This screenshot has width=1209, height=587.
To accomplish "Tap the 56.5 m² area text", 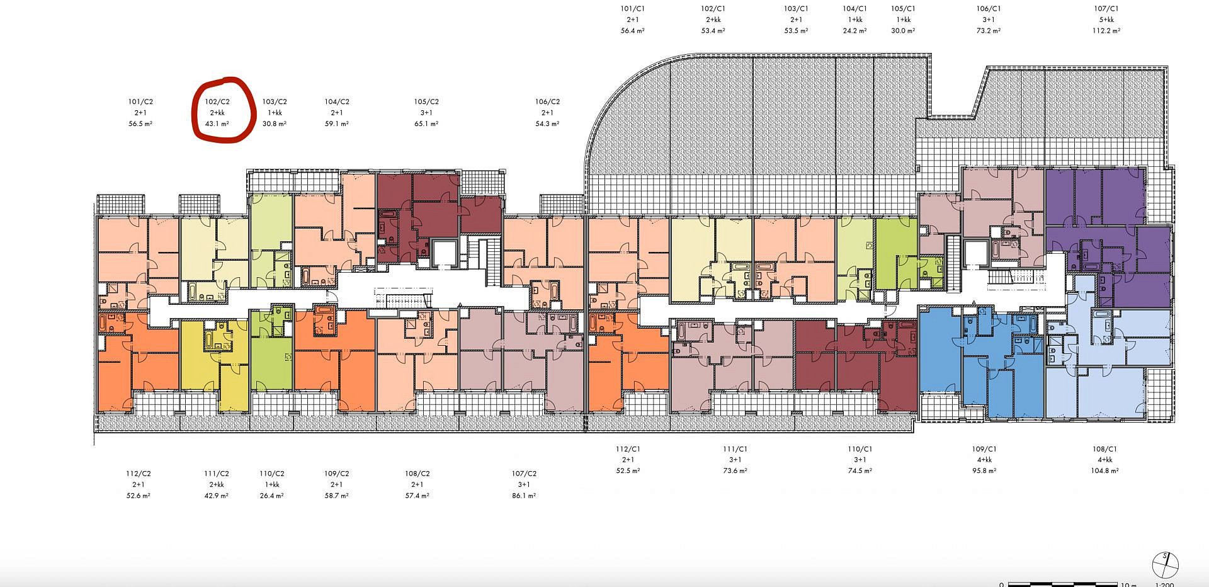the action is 140,124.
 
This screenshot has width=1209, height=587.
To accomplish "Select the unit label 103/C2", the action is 275,101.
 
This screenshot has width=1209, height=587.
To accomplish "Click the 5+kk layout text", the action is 1106,20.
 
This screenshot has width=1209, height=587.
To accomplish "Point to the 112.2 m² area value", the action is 1106,31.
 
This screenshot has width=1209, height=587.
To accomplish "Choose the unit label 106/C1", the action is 989,9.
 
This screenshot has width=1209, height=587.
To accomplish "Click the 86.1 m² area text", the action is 524,496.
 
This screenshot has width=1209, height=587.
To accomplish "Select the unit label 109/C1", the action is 984,449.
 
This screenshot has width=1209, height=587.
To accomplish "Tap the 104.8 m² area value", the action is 1105,471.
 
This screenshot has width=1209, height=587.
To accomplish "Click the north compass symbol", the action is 1165,564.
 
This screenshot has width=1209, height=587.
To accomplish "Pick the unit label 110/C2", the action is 272,474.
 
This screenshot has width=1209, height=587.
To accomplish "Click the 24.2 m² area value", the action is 854,31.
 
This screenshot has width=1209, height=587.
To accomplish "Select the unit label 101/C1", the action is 632,9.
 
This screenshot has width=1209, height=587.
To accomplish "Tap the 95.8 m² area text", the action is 984,471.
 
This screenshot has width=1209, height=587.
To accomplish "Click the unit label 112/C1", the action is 628,449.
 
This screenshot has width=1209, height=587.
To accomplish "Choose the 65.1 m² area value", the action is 426,124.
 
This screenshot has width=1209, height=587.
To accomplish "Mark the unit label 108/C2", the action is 417,474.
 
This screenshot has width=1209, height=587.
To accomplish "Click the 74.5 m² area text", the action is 860,471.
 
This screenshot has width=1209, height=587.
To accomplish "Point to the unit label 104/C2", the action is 337,101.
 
